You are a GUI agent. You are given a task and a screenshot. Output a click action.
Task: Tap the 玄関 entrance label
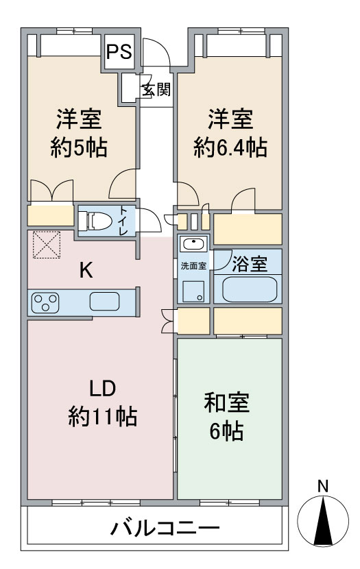tap(156, 90)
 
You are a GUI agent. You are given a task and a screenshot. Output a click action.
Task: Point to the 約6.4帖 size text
tap(230, 147)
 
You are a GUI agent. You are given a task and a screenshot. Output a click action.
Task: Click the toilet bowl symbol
tap(94, 221)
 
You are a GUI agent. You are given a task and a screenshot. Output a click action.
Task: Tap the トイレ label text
tap(123, 221)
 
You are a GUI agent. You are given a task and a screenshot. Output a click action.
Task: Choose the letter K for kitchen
tap(86, 270)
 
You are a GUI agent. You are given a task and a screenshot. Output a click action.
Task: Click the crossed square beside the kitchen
tap(47, 245)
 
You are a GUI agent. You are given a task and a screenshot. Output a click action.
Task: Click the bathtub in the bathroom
tap(249, 289)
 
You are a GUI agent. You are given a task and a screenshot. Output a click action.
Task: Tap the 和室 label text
tap(227, 403)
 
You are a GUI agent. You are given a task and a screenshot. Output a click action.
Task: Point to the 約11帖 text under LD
tap(101, 416)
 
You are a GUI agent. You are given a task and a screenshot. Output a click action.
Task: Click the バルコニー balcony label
tap(165, 529)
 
